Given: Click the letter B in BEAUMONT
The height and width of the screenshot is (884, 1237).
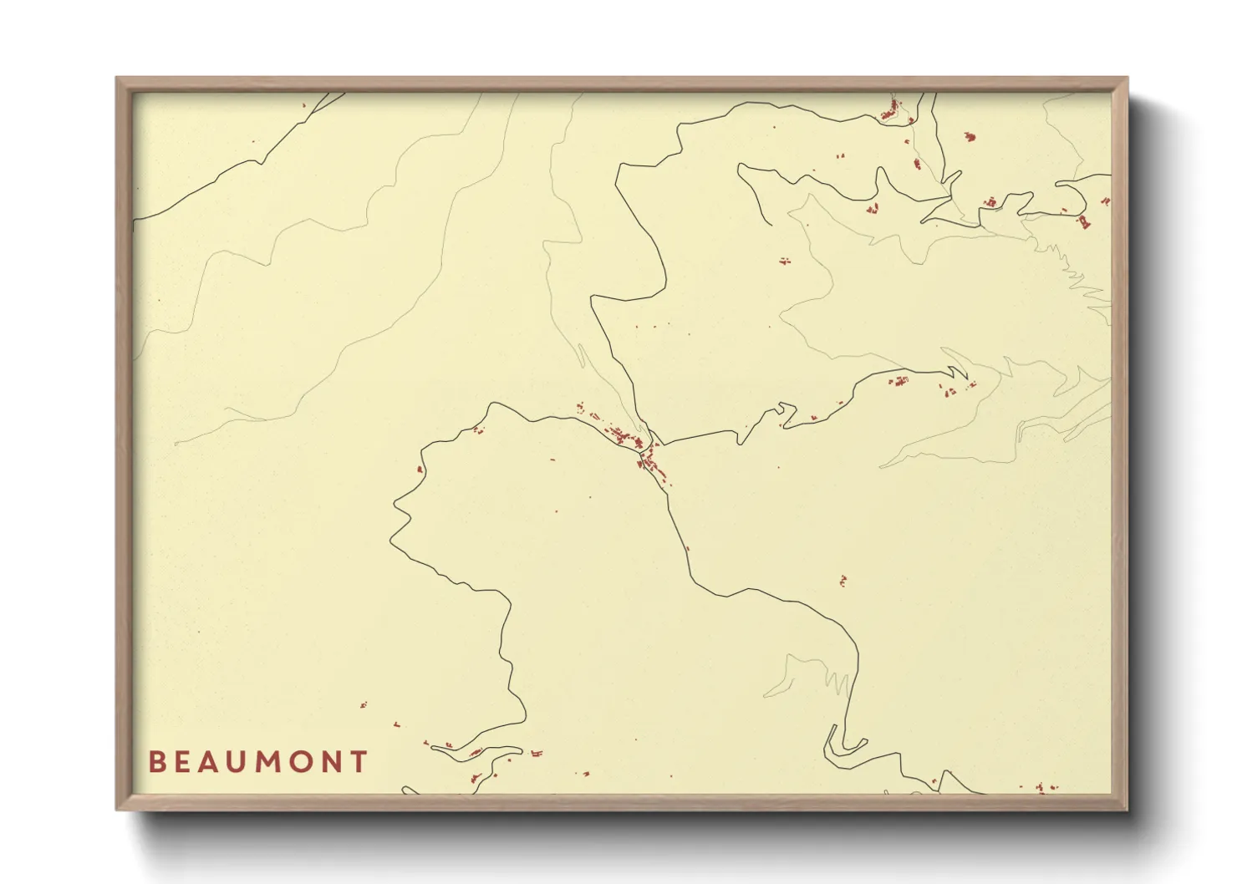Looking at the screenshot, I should [x=155, y=762].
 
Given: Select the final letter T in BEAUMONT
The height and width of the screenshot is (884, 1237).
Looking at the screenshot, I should [x=360, y=762].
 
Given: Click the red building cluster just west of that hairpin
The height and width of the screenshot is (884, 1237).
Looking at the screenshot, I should [x=899, y=382].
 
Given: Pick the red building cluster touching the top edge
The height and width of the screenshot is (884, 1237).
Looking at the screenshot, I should [x=891, y=109].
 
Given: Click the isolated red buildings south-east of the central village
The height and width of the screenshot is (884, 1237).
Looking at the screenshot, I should [x=842, y=580].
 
